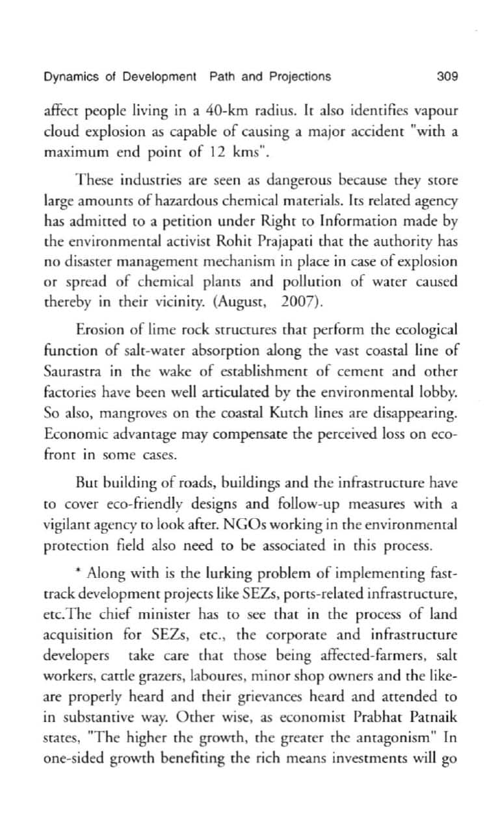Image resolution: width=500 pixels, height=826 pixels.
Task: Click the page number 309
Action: (447, 77)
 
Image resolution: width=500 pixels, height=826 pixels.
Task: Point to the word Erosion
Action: (98, 329)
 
